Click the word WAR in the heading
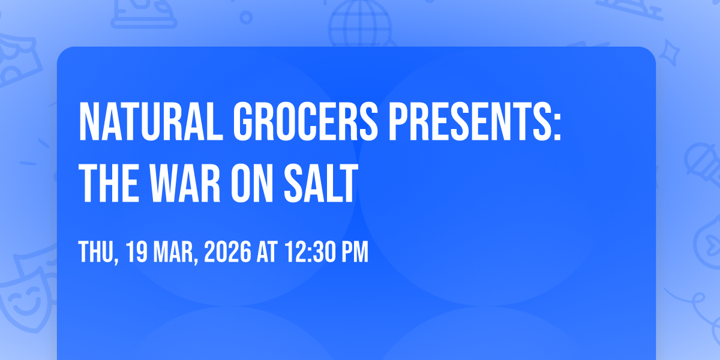click(185, 183)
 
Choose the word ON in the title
click(252, 183)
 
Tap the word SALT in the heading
click(321, 183)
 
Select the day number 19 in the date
click(137, 252)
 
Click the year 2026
click(227, 252)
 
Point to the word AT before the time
click(267, 252)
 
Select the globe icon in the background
click(361, 24)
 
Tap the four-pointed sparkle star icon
click(669, 53)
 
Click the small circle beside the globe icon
click(246, 17)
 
